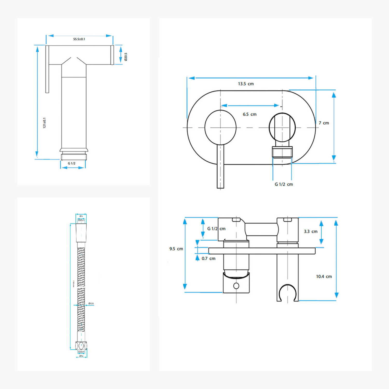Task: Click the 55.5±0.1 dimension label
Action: coord(79,39)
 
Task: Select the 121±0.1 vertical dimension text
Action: coord(44,123)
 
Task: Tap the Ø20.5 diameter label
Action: coord(126,57)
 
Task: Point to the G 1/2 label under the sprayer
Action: coord(72,163)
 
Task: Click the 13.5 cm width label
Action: coord(246,84)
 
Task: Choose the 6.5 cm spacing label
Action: coord(249,114)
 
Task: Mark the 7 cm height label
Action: coord(324,123)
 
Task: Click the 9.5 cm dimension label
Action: coord(176,249)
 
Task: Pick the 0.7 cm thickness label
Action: coord(209,259)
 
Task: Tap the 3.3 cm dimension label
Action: coord(311,231)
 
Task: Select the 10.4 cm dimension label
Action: coord(324,276)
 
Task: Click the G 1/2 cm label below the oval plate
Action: coord(284,184)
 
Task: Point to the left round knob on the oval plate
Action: coord(220,127)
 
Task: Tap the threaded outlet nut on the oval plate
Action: coord(282,152)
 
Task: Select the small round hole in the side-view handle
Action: coord(236,286)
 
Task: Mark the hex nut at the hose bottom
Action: coord(81,346)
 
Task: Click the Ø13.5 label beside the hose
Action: coord(91,303)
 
